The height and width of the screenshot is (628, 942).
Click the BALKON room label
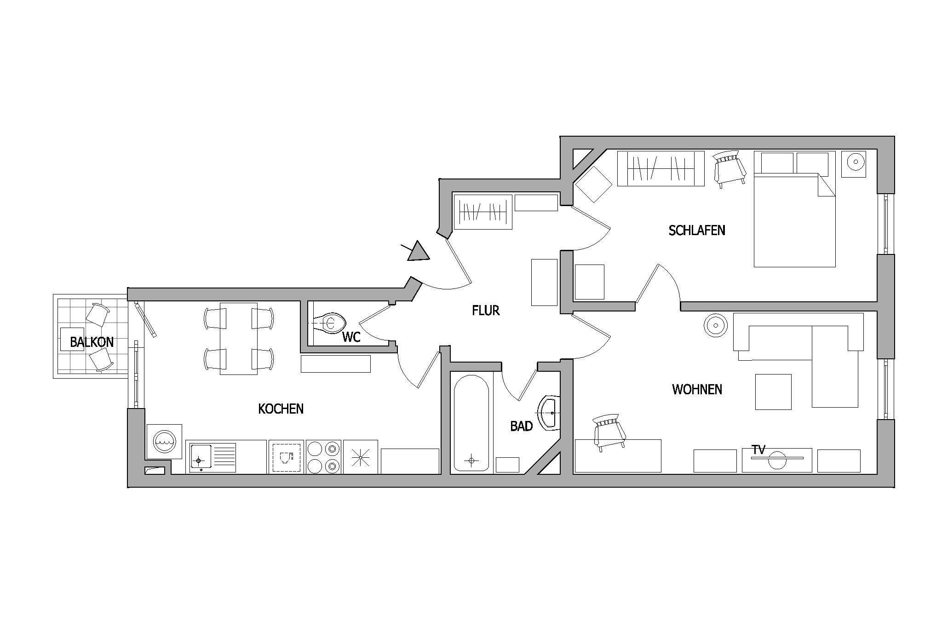click(92, 342)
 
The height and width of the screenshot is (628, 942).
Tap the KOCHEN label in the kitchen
click(281, 409)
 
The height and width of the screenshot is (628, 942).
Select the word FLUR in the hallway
click(486, 311)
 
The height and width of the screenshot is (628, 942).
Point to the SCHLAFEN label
click(697, 230)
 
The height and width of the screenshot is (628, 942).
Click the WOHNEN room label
click(697, 389)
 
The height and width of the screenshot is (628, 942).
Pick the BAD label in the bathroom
click(521, 426)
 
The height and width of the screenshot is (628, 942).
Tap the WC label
click(351, 337)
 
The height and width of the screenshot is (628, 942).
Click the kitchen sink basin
click(200, 457)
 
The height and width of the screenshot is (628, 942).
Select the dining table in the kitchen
click(238, 339)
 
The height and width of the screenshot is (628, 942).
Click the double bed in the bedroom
click(794, 209)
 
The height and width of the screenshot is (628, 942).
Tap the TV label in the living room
click(758, 449)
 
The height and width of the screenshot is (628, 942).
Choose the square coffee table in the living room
click(773, 392)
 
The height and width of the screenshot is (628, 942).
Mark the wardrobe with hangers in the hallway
click(483, 212)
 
